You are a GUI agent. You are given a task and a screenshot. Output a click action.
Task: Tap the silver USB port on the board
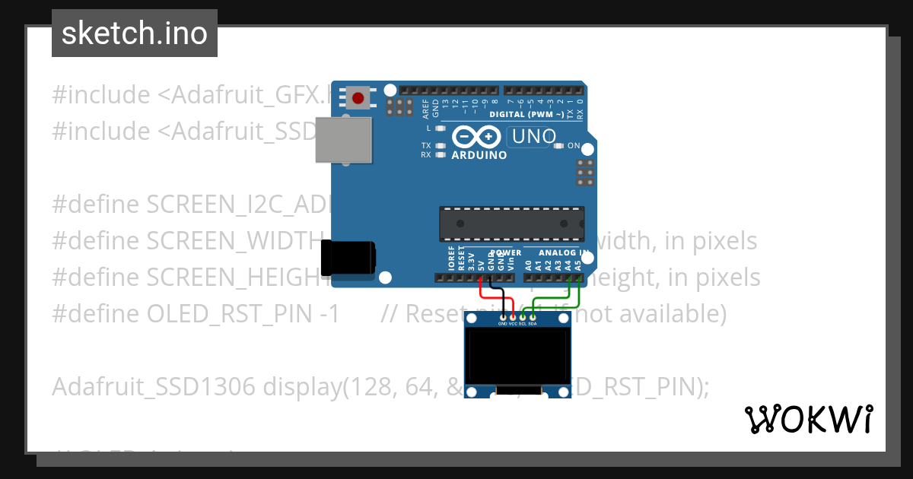click(x=344, y=139)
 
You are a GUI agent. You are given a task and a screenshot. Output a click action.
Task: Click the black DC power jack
click(x=348, y=258)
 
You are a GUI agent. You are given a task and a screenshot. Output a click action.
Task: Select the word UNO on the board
click(x=534, y=138)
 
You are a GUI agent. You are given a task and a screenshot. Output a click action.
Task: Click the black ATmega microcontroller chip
click(x=511, y=224)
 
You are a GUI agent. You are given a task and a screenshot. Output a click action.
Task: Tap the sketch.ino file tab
click(x=135, y=33)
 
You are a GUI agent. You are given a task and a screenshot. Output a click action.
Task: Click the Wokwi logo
click(x=808, y=419)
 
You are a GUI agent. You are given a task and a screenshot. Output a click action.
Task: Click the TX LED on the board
click(x=440, y=145)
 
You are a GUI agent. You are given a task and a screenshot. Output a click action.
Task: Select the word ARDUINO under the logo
click(x=479, y=155)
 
